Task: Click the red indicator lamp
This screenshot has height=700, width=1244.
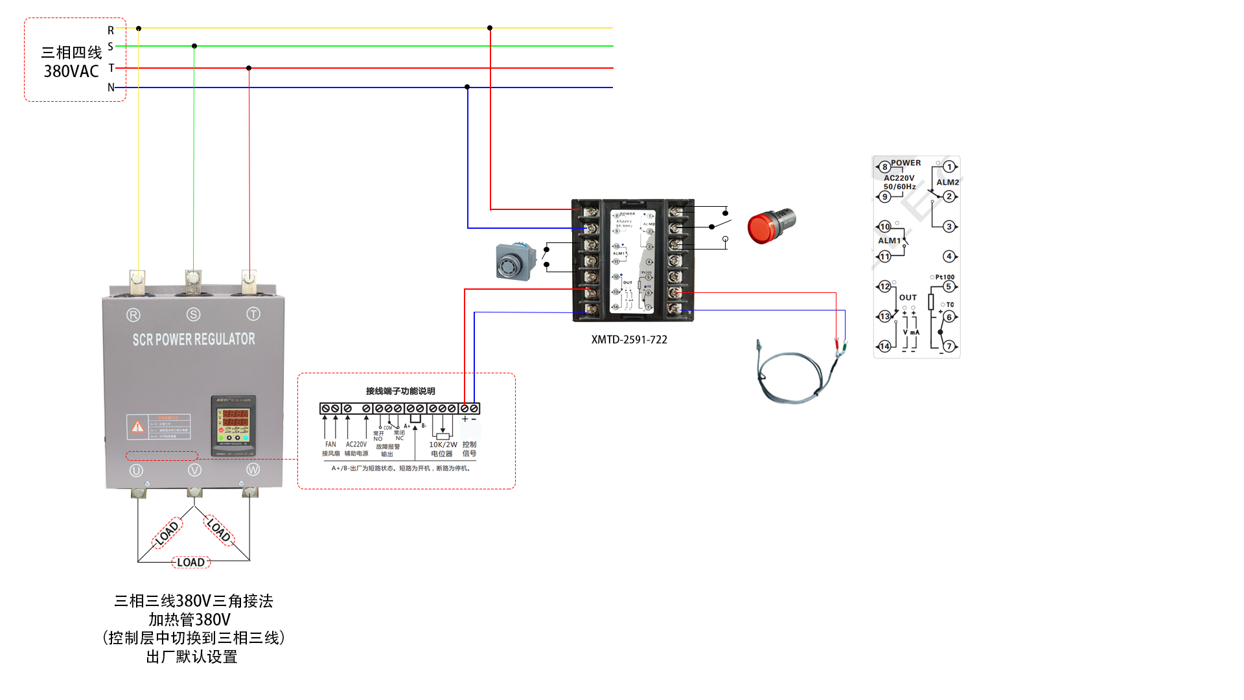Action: point(768,226)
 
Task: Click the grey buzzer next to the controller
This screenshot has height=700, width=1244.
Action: point(515,261)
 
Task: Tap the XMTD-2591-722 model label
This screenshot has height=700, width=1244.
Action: point(628,340)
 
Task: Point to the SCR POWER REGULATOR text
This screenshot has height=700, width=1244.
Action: point(194,339)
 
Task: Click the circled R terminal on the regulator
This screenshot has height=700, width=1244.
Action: point(133,315)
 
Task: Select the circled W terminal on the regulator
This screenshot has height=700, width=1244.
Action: point(253,469)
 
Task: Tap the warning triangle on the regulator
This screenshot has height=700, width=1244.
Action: point(137,426)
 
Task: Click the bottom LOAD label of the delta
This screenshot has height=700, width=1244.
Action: point(190,563)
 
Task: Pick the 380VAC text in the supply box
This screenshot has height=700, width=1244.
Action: point(71,71)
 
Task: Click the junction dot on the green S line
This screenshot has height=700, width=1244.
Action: point(194,46)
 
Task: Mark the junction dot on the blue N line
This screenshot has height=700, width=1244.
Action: point(467,87)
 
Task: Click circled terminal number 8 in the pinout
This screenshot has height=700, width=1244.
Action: point(884,167)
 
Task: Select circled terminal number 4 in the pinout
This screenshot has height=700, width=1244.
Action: point(949,256)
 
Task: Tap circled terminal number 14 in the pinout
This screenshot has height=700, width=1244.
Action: point(884,346)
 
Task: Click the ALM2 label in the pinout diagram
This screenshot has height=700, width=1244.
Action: point(947,182)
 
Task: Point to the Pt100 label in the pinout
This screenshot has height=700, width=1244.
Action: point(945,277)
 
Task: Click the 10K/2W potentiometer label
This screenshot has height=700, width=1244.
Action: point(443,445)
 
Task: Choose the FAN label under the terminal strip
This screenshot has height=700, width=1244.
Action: point(330,445)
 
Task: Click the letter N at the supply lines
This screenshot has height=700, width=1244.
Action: point(111,87)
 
